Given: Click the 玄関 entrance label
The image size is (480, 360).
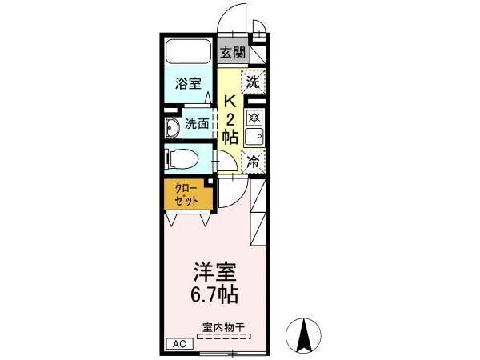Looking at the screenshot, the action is (234, 53).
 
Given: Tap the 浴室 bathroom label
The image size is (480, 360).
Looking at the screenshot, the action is (188, 83).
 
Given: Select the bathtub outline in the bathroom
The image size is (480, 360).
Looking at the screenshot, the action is (189, 51).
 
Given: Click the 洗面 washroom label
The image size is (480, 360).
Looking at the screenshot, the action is (197, 124).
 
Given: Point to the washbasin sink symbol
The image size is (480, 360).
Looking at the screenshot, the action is (173, 127).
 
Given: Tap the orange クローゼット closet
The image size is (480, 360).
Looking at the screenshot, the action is (188, 194).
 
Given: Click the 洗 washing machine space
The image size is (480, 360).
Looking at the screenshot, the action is (253, 82).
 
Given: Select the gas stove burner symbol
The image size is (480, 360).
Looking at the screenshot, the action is (254, 118).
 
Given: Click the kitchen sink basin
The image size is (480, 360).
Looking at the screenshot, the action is (254, 137).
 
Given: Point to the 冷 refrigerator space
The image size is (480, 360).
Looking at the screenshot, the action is (253, 162).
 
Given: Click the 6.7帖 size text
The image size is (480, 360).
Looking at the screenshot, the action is (214, 294).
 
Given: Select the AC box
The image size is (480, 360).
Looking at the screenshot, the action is (179, 344).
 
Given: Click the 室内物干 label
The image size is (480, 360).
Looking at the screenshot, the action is (224, 327).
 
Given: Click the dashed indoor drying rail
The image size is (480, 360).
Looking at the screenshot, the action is (224, 337).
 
